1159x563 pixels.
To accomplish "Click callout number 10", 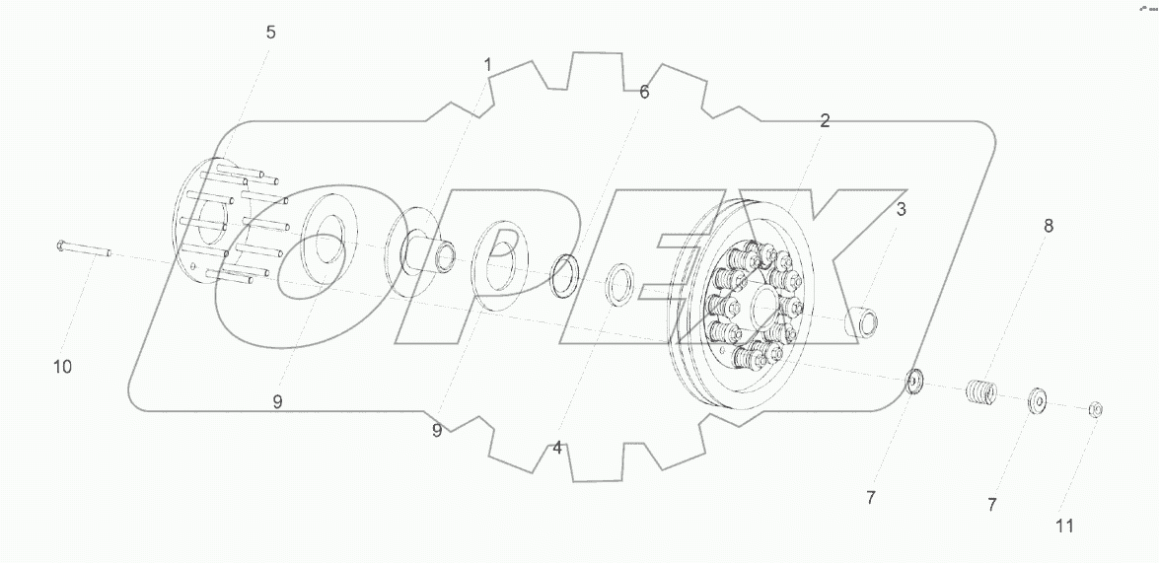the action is (63, 367).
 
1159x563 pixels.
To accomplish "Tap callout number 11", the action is (1064, 527).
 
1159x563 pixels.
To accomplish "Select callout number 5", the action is (270, 33).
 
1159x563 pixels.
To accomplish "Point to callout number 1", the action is (487, 65).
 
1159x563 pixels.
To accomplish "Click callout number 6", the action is (644, 93).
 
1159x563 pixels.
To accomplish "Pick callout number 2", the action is (825, 120).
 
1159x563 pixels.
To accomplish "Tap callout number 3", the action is (901, 209).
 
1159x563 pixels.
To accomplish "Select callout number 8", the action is (1049, 226).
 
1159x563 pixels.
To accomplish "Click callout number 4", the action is (557, 448).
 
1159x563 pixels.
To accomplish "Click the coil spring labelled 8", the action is (981, 391).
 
